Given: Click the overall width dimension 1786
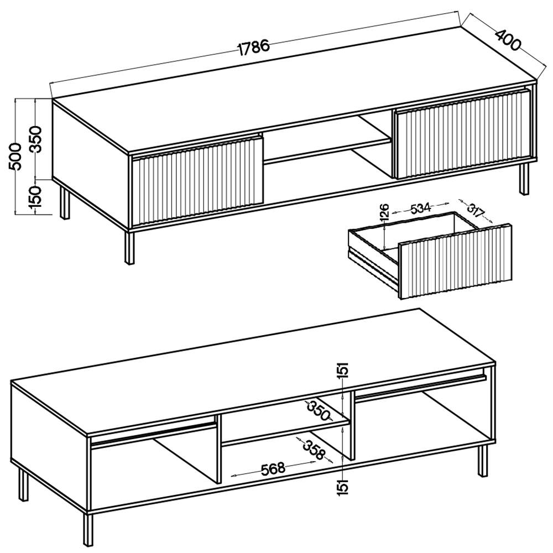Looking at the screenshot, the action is point(254,48).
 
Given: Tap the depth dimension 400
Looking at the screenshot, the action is point(508,39).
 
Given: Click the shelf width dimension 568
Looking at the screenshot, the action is point(273,468).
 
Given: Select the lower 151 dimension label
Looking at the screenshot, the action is point(342,488).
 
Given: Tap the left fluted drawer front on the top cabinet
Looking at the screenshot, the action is point(197,181).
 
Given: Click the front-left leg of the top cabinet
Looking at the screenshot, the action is point(129,248).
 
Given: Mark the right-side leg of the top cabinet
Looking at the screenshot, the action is point(524,179).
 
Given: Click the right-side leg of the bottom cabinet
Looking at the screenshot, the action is point(483,460).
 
